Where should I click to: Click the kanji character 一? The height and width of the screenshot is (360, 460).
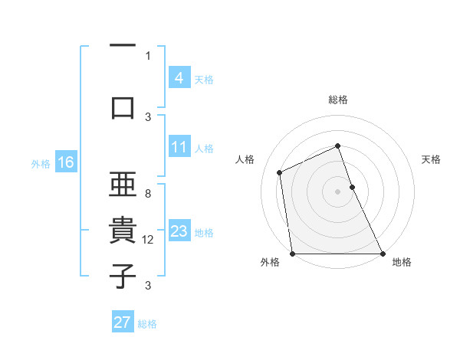123,47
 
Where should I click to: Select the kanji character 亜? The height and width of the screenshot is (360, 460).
123,185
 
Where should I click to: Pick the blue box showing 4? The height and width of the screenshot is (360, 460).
179,77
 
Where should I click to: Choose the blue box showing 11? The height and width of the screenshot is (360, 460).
179,147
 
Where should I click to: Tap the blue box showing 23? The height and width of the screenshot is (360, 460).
179,231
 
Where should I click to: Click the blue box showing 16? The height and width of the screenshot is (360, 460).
65,162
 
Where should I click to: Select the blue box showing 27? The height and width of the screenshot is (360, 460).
123,322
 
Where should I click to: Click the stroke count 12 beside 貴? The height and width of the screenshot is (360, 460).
148,240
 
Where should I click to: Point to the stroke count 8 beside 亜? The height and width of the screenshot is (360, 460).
148,194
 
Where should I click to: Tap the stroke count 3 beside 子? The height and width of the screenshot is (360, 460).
148,286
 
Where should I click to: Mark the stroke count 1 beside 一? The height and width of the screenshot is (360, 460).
148,55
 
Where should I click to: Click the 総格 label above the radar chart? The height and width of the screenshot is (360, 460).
338,100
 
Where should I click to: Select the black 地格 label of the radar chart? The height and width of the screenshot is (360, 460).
402,263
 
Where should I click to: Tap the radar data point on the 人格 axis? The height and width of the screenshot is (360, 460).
280,172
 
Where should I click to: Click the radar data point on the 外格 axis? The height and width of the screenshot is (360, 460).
293,253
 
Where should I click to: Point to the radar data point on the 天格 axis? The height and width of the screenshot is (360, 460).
352,186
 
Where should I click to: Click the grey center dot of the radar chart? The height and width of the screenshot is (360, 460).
338,191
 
